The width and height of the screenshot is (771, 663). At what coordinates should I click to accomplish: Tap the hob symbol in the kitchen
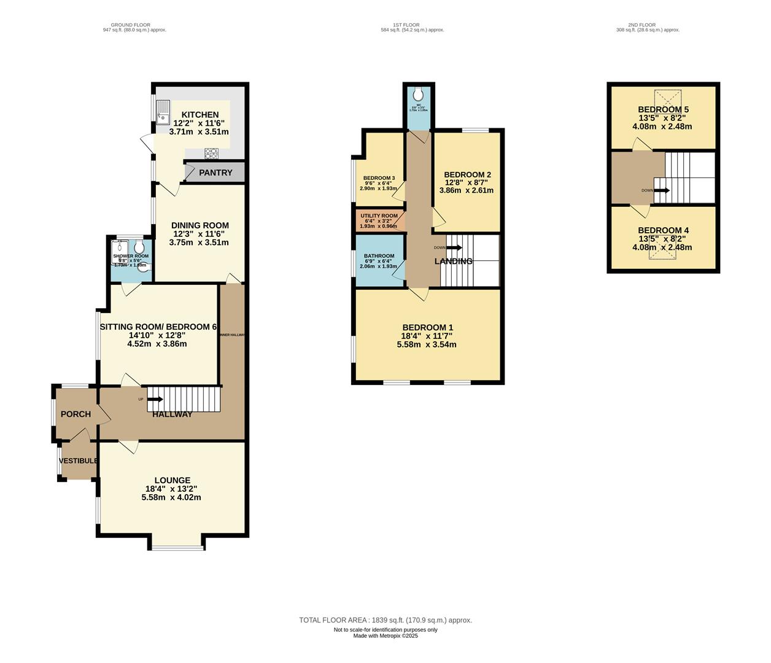[212, 153]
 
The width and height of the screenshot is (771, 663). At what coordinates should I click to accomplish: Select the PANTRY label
[215, 173]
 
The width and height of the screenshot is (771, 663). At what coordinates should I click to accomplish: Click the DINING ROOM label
[200, 225]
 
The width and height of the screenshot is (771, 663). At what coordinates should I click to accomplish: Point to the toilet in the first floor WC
[418, 94]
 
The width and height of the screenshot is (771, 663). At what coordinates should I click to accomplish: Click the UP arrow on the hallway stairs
[154, 399]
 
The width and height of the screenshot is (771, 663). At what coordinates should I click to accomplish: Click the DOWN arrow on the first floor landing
[454, 247]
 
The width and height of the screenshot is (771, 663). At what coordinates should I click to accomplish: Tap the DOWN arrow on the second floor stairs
[661, 190]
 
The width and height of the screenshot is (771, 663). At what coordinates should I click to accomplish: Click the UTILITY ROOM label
[379, 216]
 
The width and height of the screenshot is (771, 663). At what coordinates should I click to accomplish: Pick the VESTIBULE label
[78, 461]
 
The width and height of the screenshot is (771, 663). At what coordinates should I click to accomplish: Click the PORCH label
[76, 414]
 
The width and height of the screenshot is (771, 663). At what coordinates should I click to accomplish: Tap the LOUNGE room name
[172, 480]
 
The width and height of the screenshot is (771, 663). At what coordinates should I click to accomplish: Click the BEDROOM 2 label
[467, 174]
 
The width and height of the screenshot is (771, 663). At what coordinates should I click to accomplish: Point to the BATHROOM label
[379, 256]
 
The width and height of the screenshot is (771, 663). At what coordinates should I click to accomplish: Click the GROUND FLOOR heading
[134, 25]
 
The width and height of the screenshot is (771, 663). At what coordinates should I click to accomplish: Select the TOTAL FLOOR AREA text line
[385, 620]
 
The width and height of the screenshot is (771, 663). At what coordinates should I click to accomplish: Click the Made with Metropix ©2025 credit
[385, 636]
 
